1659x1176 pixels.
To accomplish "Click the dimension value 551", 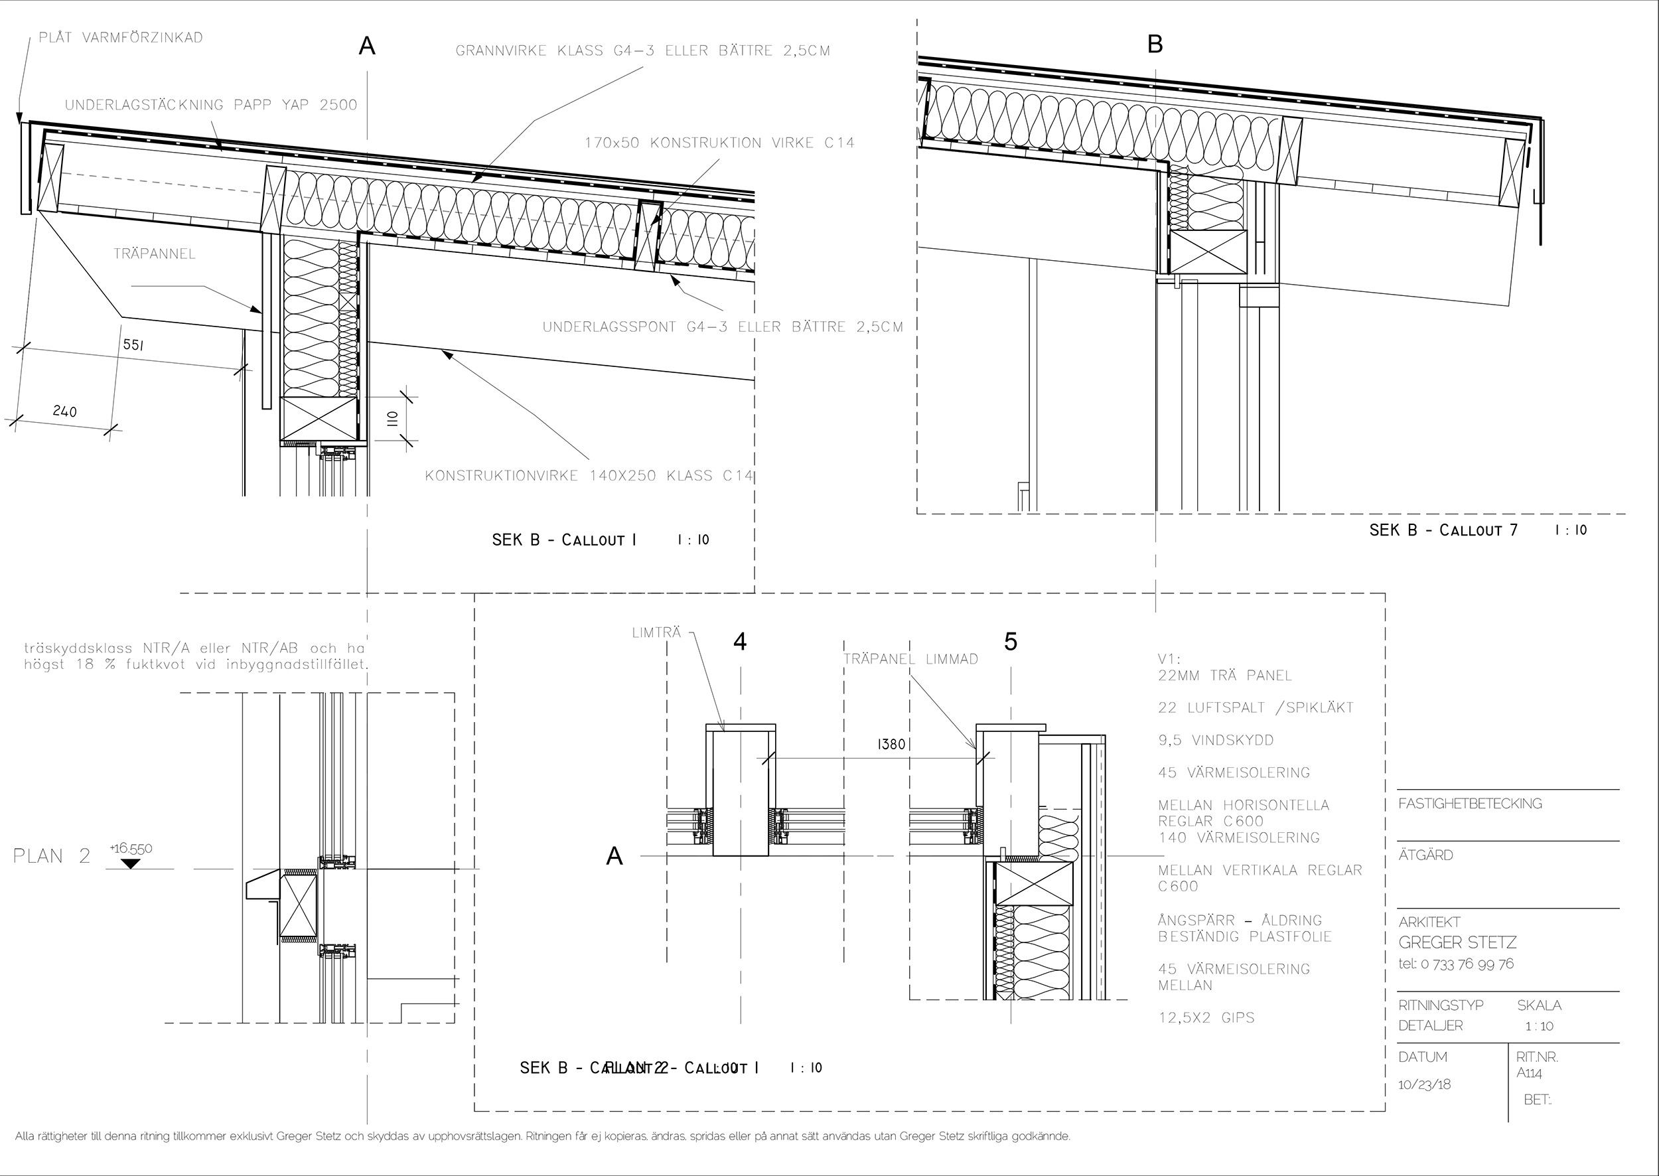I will pos(133,344).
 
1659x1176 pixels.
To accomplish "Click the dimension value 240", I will pos(65,411).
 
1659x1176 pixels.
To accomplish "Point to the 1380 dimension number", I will pos(891,744).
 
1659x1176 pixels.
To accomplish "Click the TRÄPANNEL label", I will pos(154,254).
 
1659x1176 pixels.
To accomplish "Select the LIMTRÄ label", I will pos(656,632).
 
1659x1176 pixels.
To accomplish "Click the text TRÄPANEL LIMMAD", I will pos(910,659).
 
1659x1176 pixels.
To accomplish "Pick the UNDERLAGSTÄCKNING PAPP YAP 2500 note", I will pos(211,105).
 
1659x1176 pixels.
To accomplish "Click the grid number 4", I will pos(739,642).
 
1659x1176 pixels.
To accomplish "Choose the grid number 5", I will pos(1011,642).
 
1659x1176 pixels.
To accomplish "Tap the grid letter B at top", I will pos(1155,45).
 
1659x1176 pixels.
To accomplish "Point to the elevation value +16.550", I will pos(131,848).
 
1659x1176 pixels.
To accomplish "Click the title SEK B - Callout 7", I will pos(1443,530).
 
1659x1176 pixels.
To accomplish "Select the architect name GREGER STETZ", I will pos(1457,942).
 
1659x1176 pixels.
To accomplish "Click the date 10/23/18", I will pos(1424,1084).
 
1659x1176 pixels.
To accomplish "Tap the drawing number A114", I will pos(1530,1073).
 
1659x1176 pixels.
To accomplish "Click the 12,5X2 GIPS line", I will pos(1206,1017).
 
